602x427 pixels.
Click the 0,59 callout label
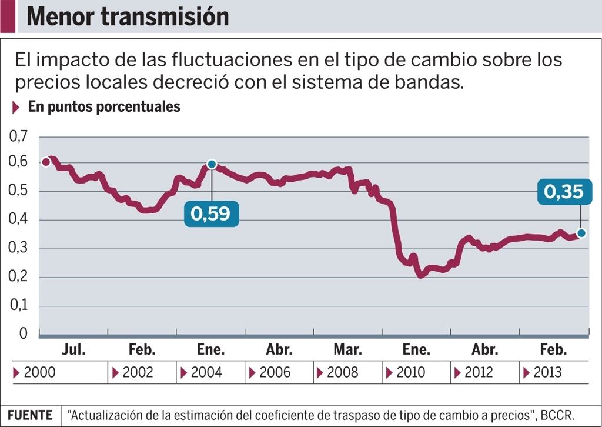coord(211,213)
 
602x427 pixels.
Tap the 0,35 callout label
coord(564,192)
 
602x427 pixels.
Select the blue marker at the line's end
coord(581,233)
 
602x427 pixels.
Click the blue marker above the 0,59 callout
coord(212,164)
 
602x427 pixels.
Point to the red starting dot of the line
coord(46,162)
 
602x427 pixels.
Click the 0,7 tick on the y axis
coord(18,137)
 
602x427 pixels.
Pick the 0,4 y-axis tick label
coord(18,220)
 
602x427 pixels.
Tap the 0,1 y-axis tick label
coord(18,306)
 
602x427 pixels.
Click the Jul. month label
coord(73,350)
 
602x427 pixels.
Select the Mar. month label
coord(347,350)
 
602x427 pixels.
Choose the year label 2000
coord(39,372)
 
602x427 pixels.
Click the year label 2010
coord(410,372)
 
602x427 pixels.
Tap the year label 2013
coord(547,372)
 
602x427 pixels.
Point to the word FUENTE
coord(30,415)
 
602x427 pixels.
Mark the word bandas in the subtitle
coord(430,82)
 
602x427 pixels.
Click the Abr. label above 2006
coord(279,350)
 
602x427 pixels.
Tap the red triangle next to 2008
coord(319,373)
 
